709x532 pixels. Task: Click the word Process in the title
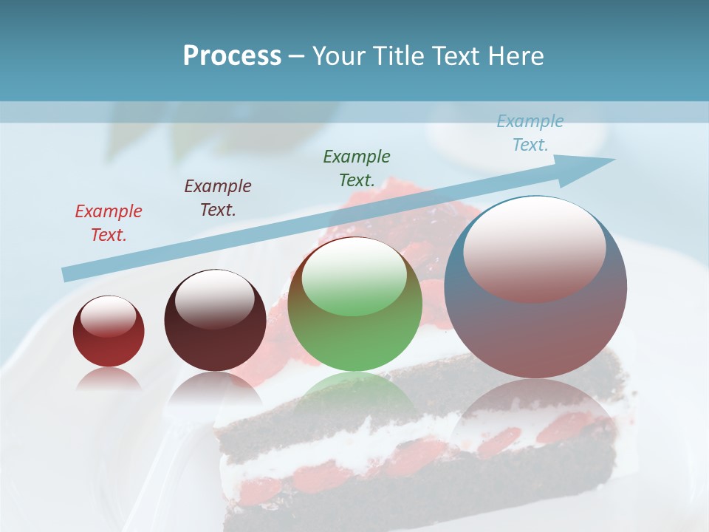pos(232,56)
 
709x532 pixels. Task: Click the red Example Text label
pos(109,222)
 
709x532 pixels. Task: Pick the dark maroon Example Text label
pos(218,197)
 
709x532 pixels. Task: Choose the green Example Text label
pos(357,168)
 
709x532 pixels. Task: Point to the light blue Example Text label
pos(530,133)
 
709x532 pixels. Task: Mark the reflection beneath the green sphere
pos(355,392)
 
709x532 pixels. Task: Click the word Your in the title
pos(338,56)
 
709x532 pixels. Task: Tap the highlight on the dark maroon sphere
pos(215,298)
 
